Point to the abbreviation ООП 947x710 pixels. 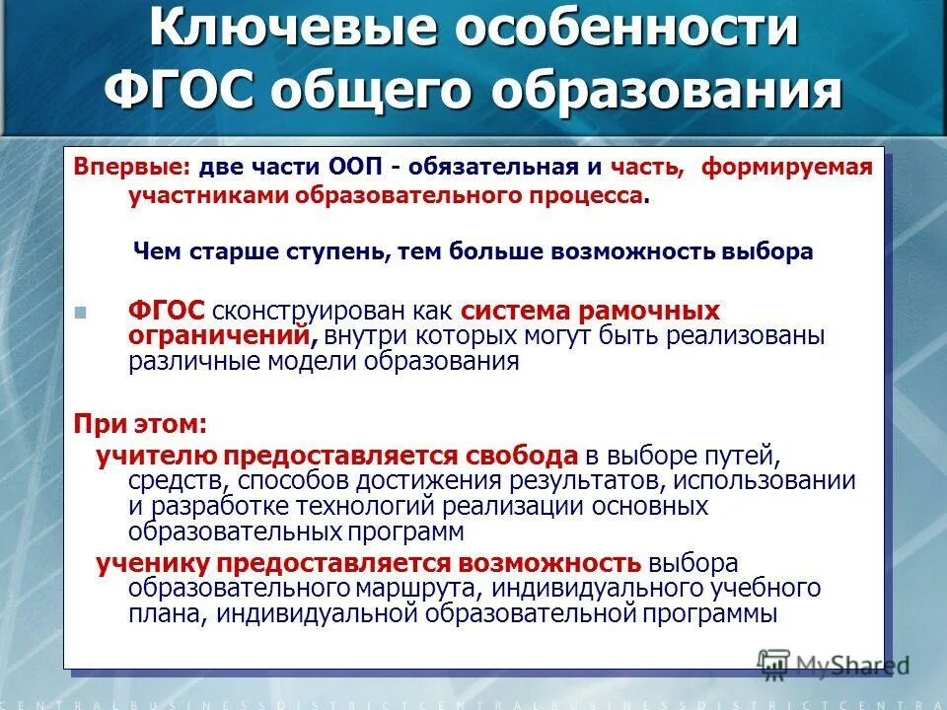click(369, 167)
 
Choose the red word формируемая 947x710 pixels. click(786, 167)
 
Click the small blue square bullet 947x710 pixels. click(81, 313)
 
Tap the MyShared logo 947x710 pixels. click(834, 663)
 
